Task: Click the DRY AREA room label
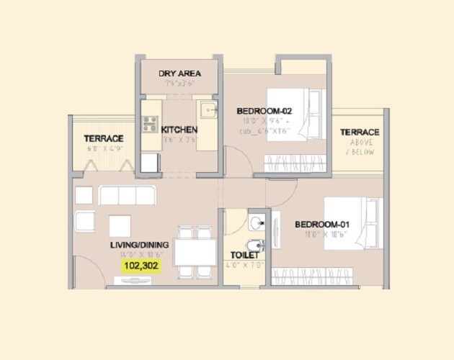click(x=179, y=73)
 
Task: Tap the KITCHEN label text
click(x=179, y=130)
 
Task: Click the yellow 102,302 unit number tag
click(x=142, y=266)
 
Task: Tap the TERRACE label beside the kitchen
click(x=103, y=138)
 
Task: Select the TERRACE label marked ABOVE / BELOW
click(x=360, y=132)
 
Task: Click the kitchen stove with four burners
click(x=150, y=124)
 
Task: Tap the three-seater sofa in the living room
click(x=127, y=195)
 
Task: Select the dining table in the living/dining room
click(x=195, y=253)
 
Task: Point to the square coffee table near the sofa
click(x=120, y=225)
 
